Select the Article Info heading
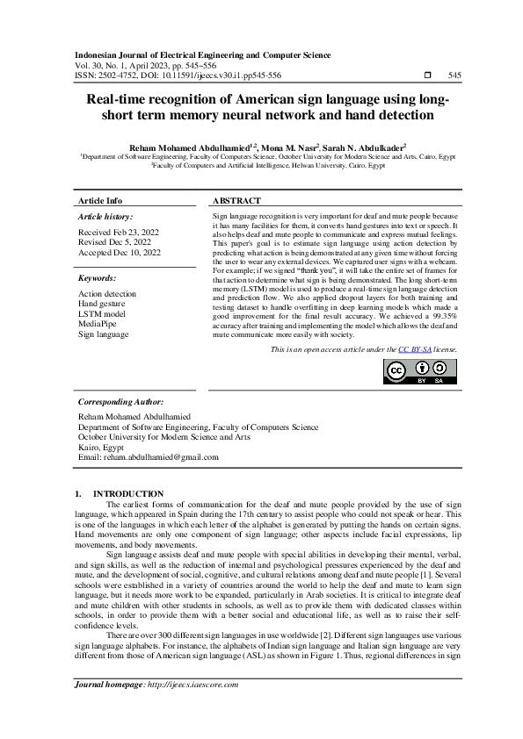100,201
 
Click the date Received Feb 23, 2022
119,232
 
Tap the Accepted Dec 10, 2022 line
120,253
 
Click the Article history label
105,216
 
